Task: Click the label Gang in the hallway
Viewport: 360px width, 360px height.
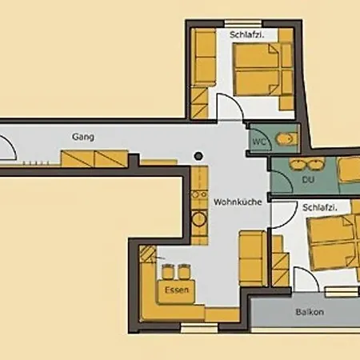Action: [x=82, y=138]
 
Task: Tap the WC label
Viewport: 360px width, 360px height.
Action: [x=259, y=142]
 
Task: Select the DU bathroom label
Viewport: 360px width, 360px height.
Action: [x=308, y=181]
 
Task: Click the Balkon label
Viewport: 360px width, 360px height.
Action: [x=309, y=311]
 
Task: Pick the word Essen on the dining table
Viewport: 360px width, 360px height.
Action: [x=176, y=290]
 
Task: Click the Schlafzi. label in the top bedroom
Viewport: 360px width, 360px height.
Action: [x=247, y=36]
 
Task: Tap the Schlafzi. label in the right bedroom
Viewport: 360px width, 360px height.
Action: [x=320, y=207]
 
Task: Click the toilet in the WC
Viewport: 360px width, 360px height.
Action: [x=285, y=140]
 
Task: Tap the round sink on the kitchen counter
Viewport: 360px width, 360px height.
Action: [x=197, y=218]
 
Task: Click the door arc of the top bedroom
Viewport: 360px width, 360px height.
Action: [x=232, y=107]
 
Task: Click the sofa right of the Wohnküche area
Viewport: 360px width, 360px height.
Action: [x=251, y=256]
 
